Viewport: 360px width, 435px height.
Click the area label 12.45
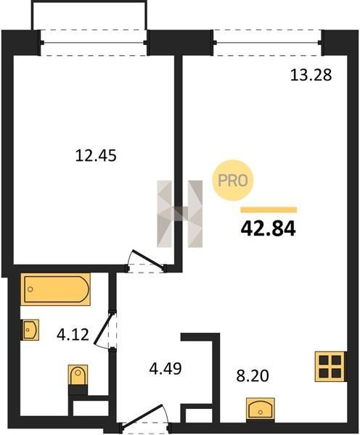point(96,155)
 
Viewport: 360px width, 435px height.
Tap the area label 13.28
point(311,75)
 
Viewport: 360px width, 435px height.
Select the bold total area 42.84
point(268,229)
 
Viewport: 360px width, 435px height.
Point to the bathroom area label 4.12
point(73,334)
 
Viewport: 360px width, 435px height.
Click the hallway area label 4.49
point(165,369)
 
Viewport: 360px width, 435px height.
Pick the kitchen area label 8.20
point(253,376)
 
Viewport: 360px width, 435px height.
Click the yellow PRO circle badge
point(233,181)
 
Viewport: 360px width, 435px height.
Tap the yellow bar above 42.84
point(269,210)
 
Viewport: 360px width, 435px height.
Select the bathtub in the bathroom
point(56,289)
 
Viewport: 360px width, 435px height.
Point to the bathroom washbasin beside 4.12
point(30,330)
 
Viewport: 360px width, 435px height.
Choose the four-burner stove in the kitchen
point(330,366)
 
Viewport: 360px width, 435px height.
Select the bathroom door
point(104,330)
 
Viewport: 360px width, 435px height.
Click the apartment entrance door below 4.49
point(143,414)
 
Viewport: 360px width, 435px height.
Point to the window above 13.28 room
point(268,43)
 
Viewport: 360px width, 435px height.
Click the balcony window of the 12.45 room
point(94,43)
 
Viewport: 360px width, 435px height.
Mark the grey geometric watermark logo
point(180,214)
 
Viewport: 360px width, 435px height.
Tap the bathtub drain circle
point(30,289)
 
